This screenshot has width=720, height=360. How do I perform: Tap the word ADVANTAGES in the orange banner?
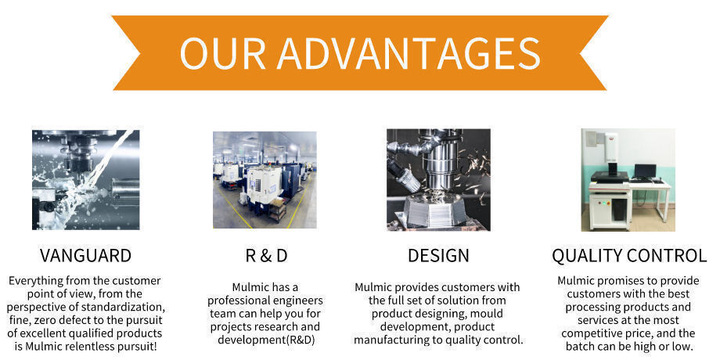click(409, 52)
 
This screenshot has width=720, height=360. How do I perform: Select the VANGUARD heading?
click(85, 255)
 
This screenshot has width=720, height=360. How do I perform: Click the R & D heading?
click(266, 255)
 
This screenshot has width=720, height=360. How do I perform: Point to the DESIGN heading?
click(438, 255)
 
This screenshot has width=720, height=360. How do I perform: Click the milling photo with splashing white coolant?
click(86, 179)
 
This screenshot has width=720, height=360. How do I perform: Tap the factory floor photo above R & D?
click(265, 180)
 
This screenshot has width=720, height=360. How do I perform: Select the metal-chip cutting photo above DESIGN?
click(438, 179)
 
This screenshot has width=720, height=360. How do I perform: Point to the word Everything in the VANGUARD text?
click(36, 280)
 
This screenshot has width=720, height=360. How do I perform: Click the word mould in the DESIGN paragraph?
click(487, 314)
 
